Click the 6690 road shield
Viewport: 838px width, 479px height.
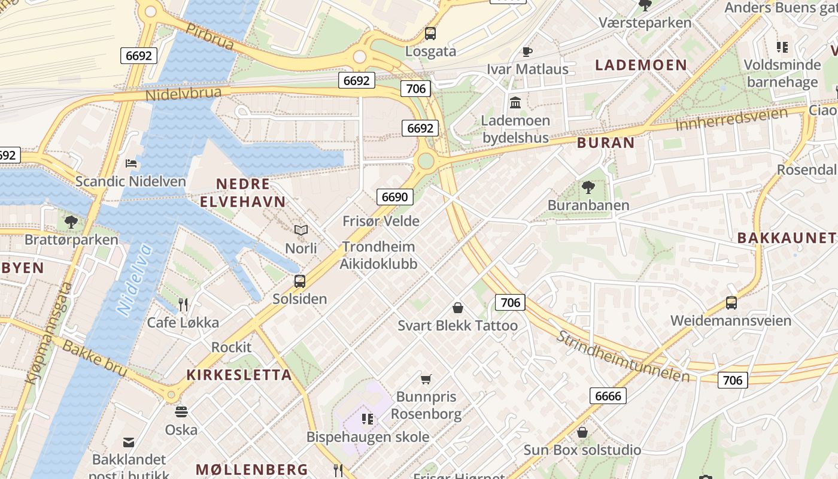click(x=394, y=197)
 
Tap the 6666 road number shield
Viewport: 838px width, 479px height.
click(x=608, y=395)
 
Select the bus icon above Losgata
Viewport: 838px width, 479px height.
click(x=430, y=34)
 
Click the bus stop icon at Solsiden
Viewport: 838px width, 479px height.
click(x=300, y=281)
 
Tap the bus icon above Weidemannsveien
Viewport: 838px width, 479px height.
click(x=731, y=303)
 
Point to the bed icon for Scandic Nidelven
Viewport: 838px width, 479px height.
click(x=131, y=163)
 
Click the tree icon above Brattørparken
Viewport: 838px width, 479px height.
click(x=71, y=222)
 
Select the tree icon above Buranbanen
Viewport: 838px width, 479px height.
click(x=588, y=187)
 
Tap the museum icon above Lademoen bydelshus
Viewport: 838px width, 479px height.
click(x=515, y=103)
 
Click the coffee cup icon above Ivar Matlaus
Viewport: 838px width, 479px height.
click(x=527, y=51)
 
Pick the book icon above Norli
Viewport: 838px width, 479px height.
click(x=300, y=231)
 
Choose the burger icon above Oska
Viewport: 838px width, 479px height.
click(x=181, y=412)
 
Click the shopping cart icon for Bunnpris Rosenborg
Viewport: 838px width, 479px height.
click(x=426, y=379)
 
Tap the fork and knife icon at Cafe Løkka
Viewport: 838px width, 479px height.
click(x=183, y=305)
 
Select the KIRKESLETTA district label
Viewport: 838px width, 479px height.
click(x=239, y=375)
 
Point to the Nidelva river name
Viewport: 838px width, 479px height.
click(x=134, y=280)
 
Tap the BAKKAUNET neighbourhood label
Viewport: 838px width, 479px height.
click(x=786, y=238)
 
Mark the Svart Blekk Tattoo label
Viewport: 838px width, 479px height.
click(x=458, y=326)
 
